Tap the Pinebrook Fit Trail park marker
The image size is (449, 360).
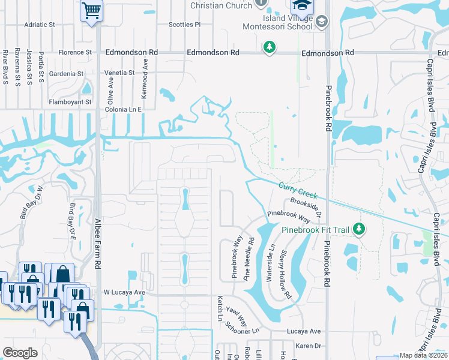click(359, 229)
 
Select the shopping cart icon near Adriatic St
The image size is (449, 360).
click(91, 10)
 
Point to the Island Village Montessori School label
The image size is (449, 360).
click(277, 22)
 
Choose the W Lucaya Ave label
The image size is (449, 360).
click(125, 292)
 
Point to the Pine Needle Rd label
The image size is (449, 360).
click(248, 259)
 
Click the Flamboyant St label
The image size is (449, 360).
click(71, 102)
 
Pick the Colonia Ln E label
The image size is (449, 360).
click(123, 110)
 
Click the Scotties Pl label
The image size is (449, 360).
click(184, 25)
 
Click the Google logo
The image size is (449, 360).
click(20, 353)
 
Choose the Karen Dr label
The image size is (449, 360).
click(309, 346)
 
